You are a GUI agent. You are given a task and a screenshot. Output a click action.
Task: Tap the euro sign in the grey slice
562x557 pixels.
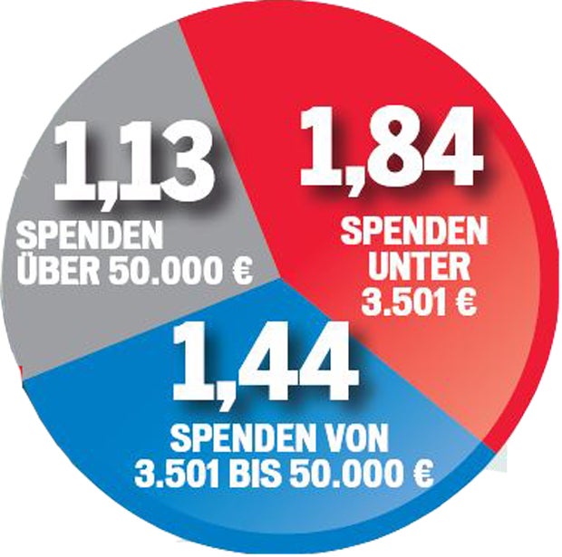[238, 270]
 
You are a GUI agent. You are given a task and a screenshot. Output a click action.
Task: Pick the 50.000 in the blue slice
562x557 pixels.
[341, 473]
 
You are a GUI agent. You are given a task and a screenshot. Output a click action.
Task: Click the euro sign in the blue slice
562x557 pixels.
[419, 473]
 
